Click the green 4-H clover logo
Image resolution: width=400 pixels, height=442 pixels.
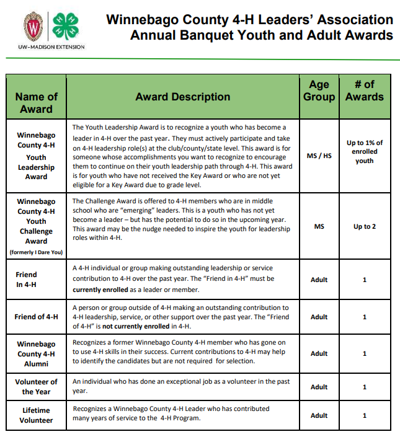click(64, 25)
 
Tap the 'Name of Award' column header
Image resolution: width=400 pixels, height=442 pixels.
click(36, 102)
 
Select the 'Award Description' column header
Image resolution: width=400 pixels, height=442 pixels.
click(183, 97)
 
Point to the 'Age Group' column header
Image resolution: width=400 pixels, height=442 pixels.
click(319, 91)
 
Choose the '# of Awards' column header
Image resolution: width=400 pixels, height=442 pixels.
click(365, 91)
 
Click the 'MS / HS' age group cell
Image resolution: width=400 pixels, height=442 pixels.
click(319, 156)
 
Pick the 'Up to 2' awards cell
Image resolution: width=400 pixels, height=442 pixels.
click(365, 226)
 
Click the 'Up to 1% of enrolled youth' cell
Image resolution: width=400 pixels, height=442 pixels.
click(365, 152)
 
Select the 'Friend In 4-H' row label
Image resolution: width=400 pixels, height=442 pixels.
click(26, 280)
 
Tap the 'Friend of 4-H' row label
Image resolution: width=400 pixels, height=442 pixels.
click(36, 317)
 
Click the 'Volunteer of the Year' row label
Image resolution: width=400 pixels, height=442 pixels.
click(36, 387)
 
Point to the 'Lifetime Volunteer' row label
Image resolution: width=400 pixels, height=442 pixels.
click(36, 415)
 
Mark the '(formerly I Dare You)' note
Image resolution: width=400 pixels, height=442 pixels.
click(36, 252)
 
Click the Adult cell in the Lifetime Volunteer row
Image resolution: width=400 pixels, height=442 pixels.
click(319, 415)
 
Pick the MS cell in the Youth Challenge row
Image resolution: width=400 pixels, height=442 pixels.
click(319, 226)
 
